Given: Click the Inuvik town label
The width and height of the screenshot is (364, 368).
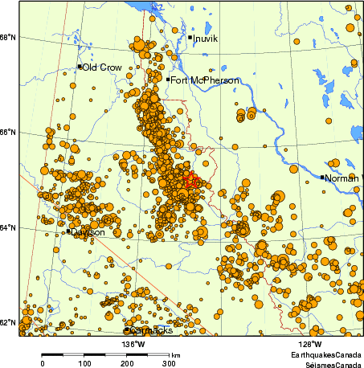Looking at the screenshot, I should (x=207, y=38).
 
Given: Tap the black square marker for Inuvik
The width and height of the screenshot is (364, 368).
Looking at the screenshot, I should (x=190, y=37).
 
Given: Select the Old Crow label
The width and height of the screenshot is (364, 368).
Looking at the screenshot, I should (x=102, y=67).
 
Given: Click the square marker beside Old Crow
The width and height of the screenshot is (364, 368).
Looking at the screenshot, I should (x=80, y=67).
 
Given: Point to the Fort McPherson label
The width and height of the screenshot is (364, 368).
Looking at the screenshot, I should (x=198, y=80).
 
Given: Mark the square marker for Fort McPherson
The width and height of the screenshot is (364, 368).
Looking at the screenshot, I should (x=168, y=79).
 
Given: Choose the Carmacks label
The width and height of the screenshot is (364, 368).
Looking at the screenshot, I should (x=152, y=330).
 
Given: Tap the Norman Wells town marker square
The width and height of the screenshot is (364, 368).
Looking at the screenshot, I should (x=322, y=177).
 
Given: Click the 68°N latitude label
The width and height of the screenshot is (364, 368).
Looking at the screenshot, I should (x=7, y=38).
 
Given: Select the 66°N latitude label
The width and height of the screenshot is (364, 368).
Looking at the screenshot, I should (x=7, y=133).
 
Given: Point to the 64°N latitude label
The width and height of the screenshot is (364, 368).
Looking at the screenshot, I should (x=7, y=228).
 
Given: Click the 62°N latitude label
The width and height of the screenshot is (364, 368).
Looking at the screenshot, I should (x=7, y=323).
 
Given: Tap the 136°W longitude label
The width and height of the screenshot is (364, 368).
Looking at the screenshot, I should (x=133, y=344).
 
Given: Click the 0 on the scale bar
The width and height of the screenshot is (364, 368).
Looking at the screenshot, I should (x=42, y=363).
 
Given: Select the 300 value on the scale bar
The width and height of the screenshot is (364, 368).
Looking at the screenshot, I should (x=169, y=363).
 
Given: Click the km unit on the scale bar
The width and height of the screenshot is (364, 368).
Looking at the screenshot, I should (x=175, y=354).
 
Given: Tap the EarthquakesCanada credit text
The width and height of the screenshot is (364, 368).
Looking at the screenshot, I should (x=325, y=354).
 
